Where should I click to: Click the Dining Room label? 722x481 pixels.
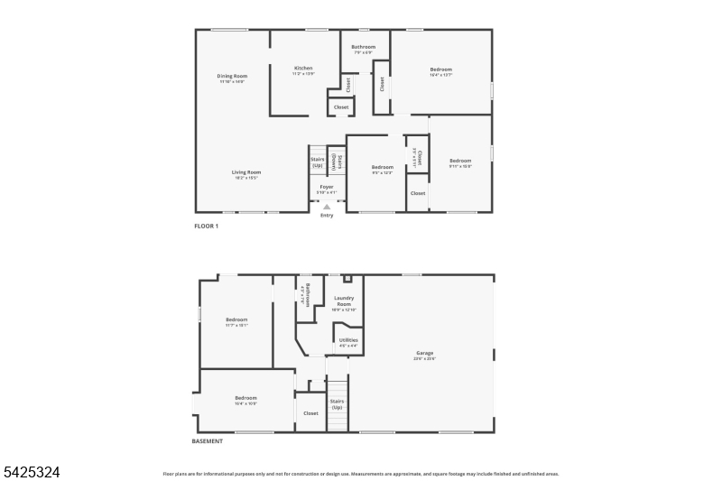232,77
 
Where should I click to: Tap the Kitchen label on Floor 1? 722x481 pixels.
303,69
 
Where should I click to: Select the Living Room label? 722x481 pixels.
245,172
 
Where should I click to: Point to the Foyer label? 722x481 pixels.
327,188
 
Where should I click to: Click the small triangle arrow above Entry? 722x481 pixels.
327,207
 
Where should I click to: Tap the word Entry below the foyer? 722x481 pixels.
327,215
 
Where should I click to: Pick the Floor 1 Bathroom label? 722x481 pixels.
364,47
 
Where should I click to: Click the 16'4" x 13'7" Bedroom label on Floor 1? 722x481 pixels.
441,70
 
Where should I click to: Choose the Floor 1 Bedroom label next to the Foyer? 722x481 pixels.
383,168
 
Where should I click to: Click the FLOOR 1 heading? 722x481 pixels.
207,226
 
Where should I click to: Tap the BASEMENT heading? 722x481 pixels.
208,441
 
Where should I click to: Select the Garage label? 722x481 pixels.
425,354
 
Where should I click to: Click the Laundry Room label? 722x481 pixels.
344,301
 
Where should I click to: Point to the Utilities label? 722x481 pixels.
348,340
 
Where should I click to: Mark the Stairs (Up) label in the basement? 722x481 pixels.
337,404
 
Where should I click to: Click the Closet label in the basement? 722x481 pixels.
310,413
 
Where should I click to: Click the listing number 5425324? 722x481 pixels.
32,472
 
